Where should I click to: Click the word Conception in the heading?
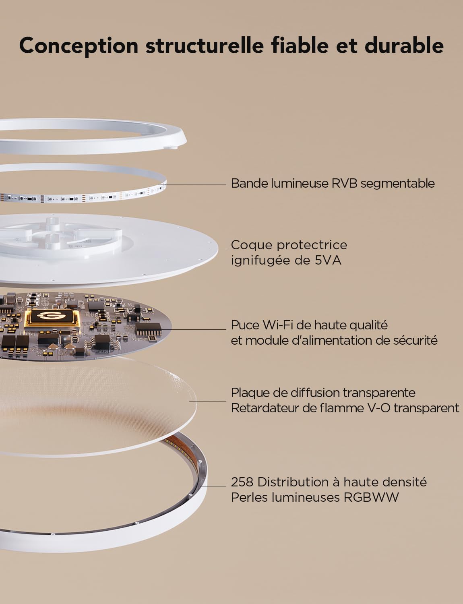pyautogui.click(x=79, y=46)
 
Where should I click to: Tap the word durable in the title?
pyautogui.click(x=404, y=45)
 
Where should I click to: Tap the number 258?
pyautogui.click(x=242, y=482)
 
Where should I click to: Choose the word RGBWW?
pyautogui.click(x=371, y=497)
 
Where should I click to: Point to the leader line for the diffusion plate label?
pyautogui.click(x=208, y=401)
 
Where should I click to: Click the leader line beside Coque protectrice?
pyautogui.click(x=219, y=249)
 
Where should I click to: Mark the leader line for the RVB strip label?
pyautogui.click(x=192, y=184)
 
